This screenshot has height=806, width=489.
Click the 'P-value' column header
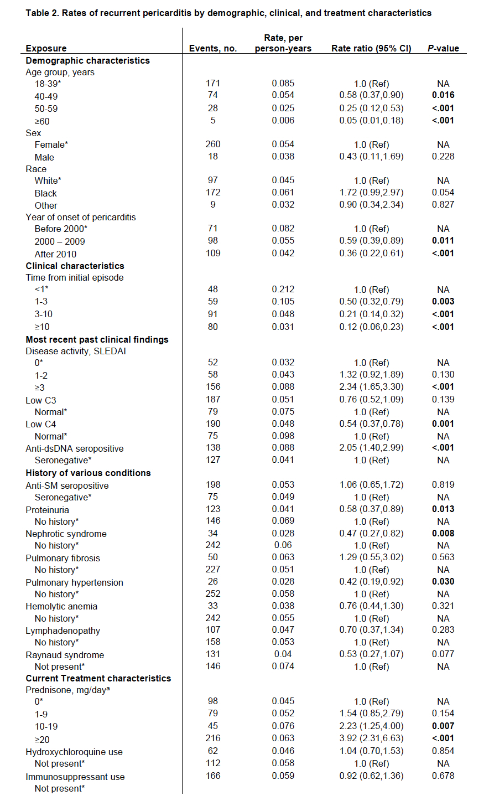(x=443, y=48)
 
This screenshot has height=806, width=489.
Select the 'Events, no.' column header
(x=213, y=48)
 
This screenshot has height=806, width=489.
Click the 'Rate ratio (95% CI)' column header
(x=371, y=48)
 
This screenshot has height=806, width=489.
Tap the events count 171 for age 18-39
(x=213, y=84)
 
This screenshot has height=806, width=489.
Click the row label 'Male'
(x=44, y=157)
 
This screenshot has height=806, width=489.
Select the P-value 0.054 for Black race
(x=443, y=193)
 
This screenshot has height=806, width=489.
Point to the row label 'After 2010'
(x=56, y=254)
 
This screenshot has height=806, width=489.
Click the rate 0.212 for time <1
(x=283, y=290)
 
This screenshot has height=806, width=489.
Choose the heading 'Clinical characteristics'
(x=75, y=266)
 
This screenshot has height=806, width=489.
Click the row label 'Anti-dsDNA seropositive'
(x=75, y=448)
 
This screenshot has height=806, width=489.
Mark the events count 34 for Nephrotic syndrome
(x=213, y=534)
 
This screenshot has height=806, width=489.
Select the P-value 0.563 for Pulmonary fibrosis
(x=443, y=557)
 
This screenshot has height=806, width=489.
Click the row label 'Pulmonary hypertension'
(x=74, y=582)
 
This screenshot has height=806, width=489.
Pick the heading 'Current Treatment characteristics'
(x=98, y=678)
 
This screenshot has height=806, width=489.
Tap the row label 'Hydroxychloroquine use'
(x=74, y=752)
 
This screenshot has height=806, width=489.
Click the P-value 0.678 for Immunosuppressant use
(x=443, y=776)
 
